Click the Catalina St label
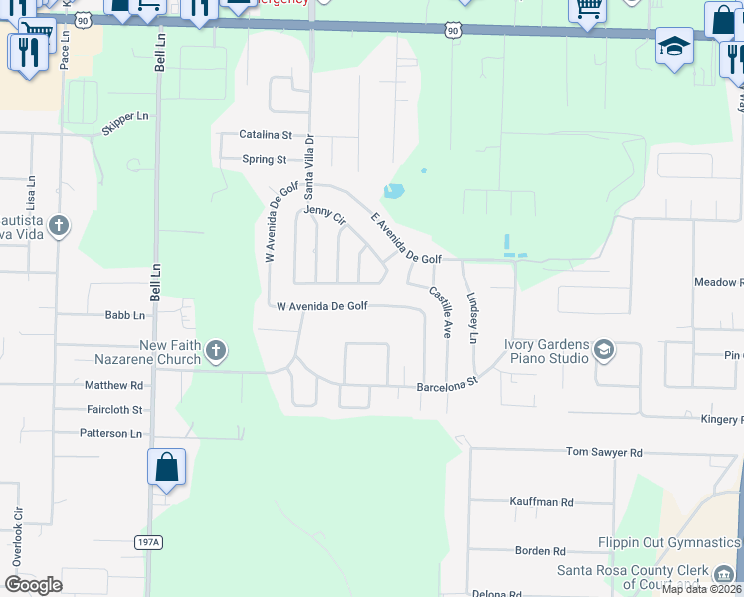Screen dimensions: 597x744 (266, 134)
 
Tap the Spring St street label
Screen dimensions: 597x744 (265, 159)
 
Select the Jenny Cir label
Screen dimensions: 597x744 (324, 214)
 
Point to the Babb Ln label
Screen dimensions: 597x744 (125, 316)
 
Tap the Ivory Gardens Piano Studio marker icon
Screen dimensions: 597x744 (603, 350)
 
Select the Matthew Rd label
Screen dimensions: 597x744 (113, 385)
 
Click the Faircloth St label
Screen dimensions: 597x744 (114, 409)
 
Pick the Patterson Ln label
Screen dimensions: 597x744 (111, 433)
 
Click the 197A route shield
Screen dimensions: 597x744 (147, 542)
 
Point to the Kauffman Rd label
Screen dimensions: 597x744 (541, 502)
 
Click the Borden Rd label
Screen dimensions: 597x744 (540, 550)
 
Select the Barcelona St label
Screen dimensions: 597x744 (448, 382)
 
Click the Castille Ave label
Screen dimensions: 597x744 (441, 310)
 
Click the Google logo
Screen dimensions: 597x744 (34, 584)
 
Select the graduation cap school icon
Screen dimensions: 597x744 (674, 46)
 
